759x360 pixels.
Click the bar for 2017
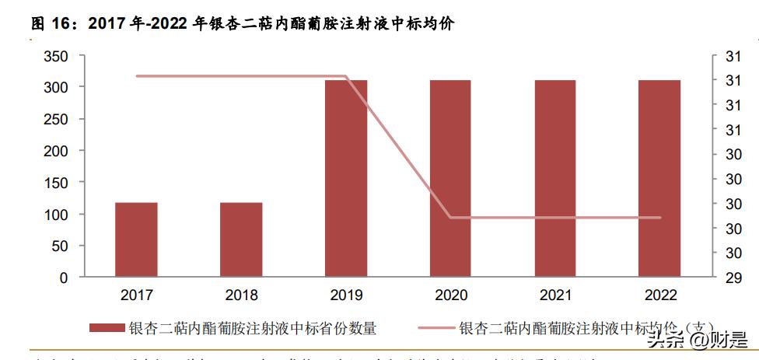pos(136,239)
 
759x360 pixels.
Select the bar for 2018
pos(241,239)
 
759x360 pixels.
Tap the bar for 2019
pos(346,178)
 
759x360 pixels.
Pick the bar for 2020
pos(450,178)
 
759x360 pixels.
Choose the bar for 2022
pos(659,178)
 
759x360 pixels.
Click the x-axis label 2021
pos(555,295)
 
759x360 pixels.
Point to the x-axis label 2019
pos(346,295)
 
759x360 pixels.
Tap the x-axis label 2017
pos(136,295)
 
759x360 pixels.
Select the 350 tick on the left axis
pos(56,56)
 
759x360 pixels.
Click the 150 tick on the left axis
pos(56,183)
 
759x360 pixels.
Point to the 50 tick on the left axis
pos(60,246)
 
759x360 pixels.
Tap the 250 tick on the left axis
pos(56,119)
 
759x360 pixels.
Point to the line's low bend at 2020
pos(451,218)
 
